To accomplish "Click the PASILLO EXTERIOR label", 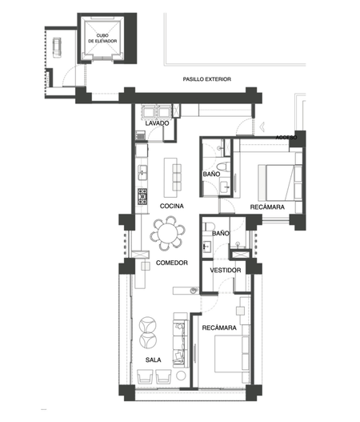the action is click(x=206, y=79).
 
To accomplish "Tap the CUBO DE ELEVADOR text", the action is click(x=102, y=38).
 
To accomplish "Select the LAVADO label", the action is click(x=157, y=123).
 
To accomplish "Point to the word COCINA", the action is click(x=171, y=206).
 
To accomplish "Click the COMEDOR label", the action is click(x=172, y=263).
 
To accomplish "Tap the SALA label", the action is click(x=154, y=360).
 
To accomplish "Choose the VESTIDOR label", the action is click(x=226, y=270).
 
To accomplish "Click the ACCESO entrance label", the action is click(x=286, y=138).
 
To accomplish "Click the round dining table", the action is click(x=167, y=233).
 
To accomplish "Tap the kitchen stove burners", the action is click(x=142, y=196).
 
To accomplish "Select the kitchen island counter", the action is click(x=170, y=178).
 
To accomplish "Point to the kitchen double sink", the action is click(x=142, y=172).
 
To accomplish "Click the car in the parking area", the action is click(x=57, y=47).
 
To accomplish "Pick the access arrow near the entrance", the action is click(x=262, y=127).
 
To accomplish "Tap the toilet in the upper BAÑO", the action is click(x=223, y=167).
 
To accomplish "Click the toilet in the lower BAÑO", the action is click(x=209, y=227).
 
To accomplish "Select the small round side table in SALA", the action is click(x=181, y=376).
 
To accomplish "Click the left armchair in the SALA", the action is click(x=145, y=376).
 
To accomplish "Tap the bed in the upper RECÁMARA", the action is click(x=276, y=183).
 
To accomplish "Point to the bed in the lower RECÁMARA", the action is click(x=229, y=354).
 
